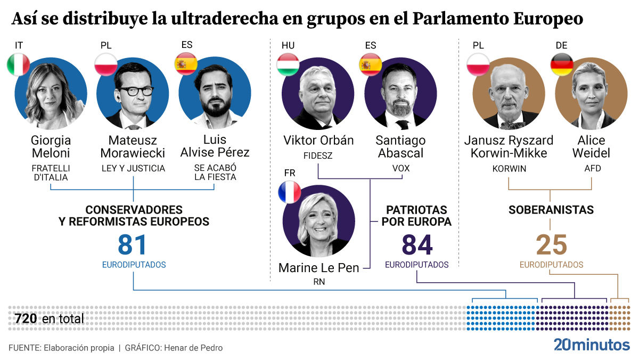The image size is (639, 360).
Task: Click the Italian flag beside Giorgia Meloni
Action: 18,64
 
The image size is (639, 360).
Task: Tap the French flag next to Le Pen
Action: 290,192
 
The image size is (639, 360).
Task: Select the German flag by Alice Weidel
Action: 561,64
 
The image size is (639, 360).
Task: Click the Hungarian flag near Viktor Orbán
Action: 288,64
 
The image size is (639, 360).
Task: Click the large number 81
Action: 133,245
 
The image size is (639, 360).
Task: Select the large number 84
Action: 417,245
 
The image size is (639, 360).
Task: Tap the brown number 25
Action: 551,245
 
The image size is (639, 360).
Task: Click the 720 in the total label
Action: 26,319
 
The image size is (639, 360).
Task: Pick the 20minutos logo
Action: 591,345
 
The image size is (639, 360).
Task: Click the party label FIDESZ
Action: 318,156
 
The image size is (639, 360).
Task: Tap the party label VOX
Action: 400,168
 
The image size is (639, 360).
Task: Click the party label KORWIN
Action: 509,168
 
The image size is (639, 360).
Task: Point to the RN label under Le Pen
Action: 319,282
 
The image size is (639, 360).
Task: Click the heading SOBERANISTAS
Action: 551,209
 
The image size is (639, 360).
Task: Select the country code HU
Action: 288,45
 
